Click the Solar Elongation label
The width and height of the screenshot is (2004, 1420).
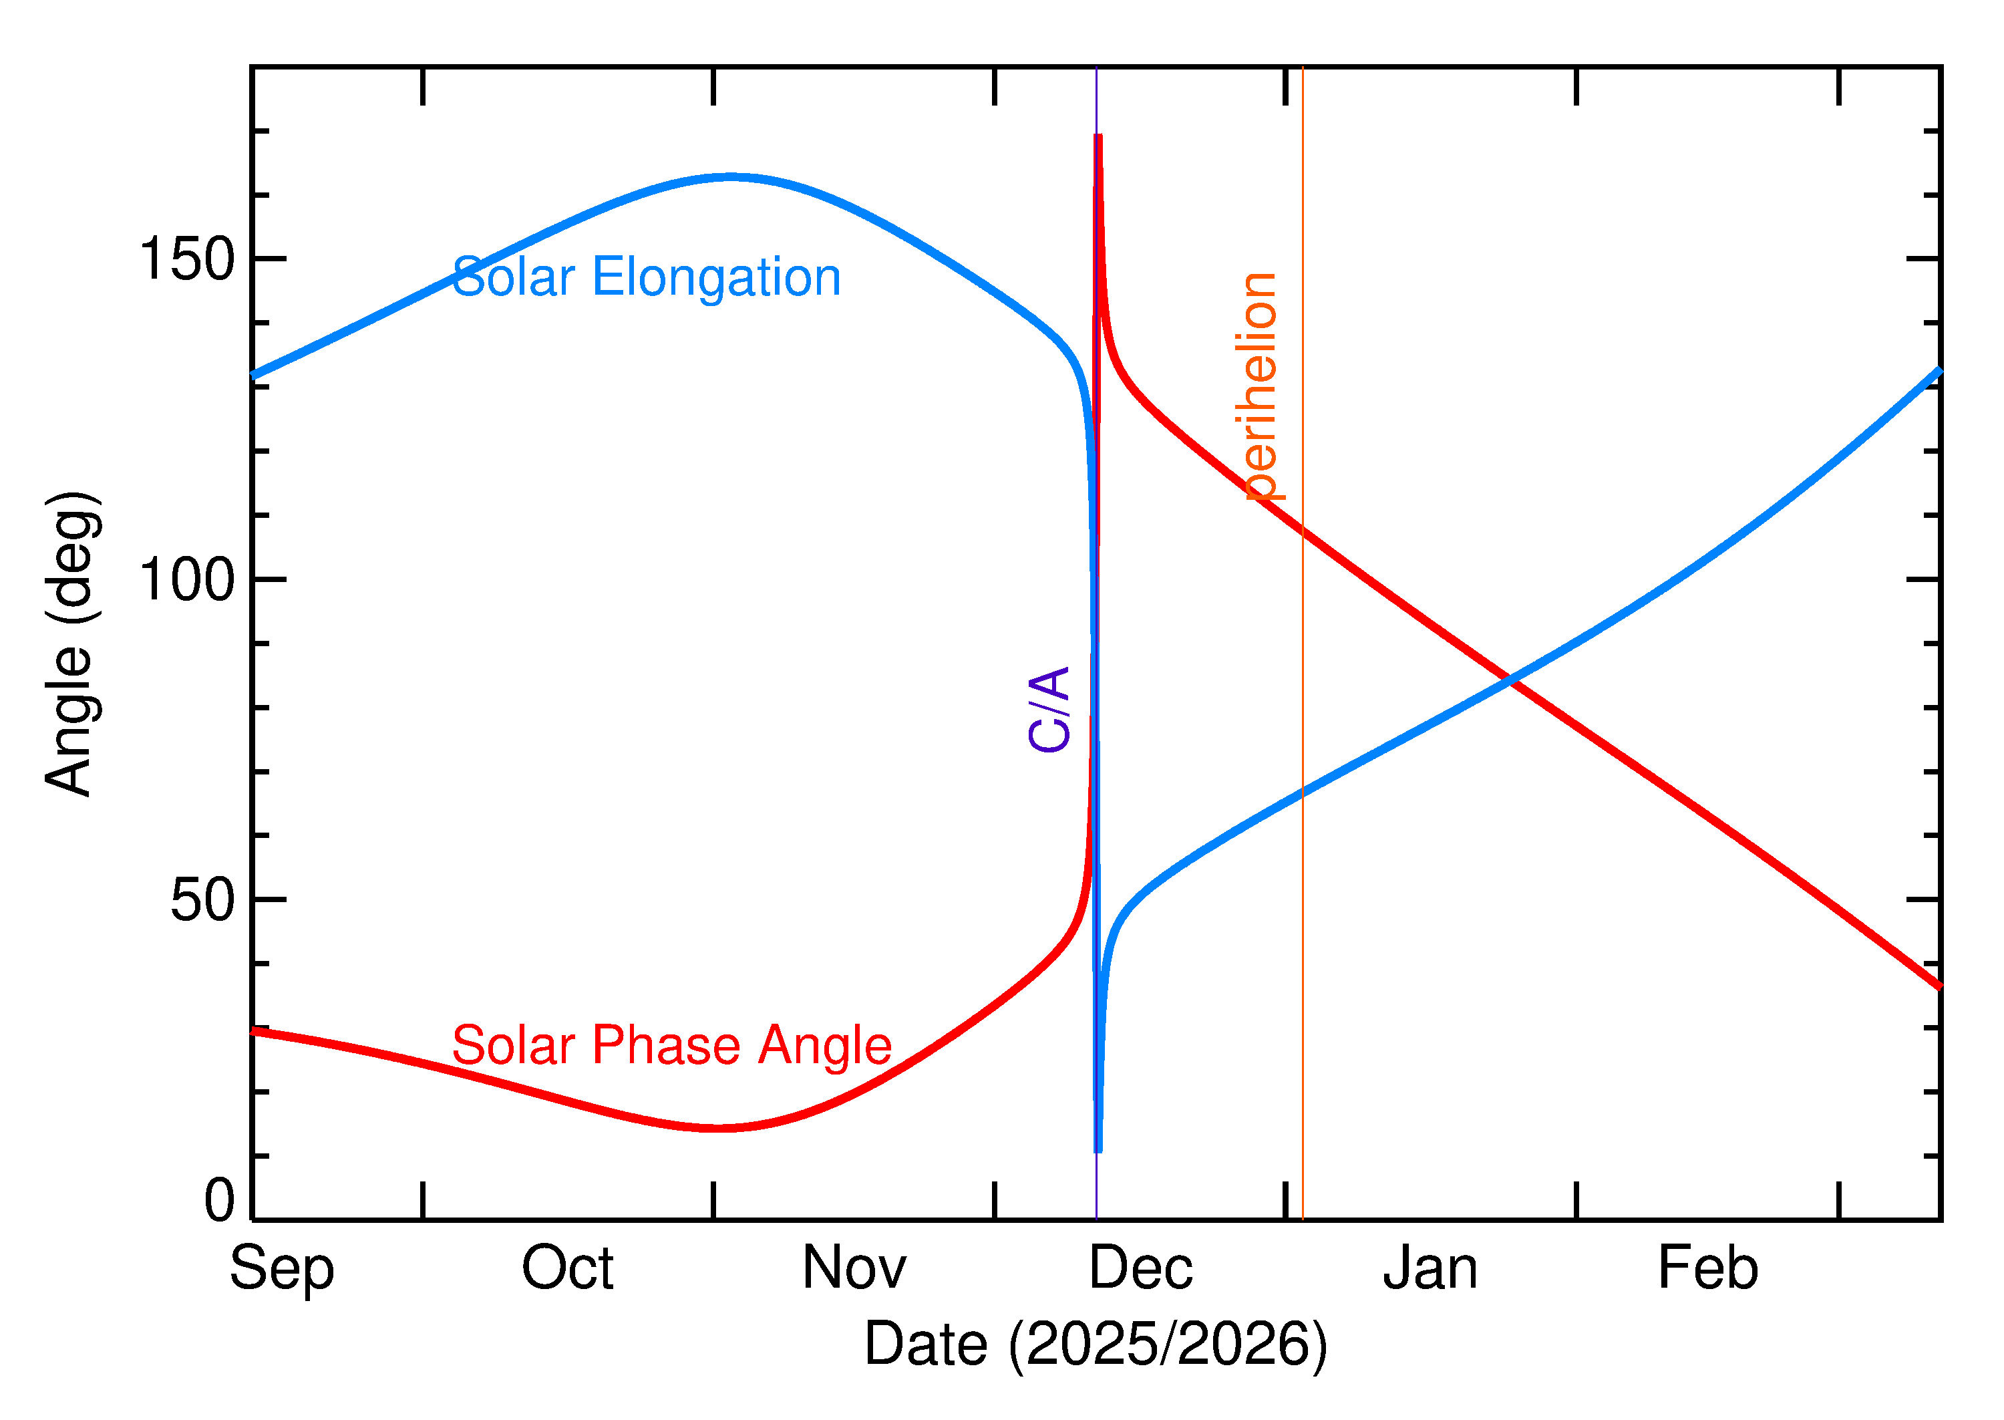646,278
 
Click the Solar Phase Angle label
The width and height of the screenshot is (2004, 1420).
671,1046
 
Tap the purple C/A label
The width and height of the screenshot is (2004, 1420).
1049,709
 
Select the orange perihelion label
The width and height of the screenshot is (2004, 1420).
1259,386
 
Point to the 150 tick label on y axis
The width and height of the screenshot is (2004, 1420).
187,260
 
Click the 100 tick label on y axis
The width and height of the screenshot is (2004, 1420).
187,580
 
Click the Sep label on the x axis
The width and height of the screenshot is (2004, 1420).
281,1269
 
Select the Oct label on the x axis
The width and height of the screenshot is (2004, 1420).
567,1269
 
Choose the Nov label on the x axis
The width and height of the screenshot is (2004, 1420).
854,1269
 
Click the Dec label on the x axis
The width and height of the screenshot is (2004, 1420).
1140,1269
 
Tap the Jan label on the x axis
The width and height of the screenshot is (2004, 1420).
1430,1269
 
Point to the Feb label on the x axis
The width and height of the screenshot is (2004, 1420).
1707,1269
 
